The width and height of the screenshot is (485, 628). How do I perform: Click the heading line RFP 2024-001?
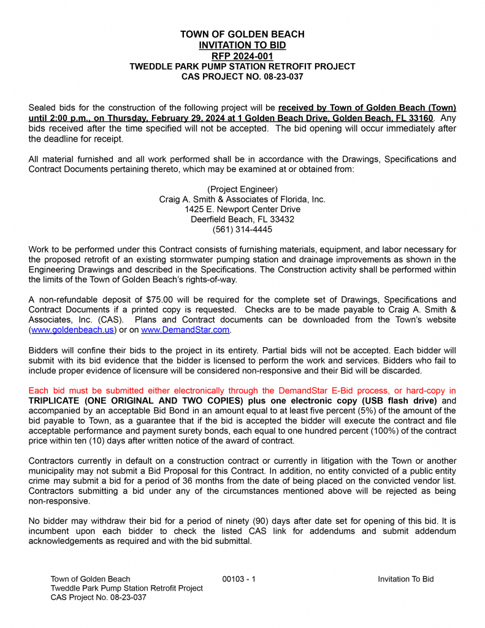pos(242,56)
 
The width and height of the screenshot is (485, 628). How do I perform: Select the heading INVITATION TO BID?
pos(242,45)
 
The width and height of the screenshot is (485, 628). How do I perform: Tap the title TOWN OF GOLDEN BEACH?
pos(242,34)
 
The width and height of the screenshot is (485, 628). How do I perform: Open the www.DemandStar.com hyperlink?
pos(185,329)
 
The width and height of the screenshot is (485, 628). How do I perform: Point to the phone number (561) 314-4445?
pos(242,229)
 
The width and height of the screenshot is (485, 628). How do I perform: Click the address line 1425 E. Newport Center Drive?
pos(242,209)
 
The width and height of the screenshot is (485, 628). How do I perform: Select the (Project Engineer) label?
pos(242,189)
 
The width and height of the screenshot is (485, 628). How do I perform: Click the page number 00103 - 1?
pos(239,579)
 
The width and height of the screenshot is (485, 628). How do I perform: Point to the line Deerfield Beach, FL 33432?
pos(242,219)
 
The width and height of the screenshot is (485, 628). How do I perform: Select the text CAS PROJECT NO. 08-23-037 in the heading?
pos(242,77)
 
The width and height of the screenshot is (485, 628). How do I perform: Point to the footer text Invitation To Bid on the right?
pos(405,579)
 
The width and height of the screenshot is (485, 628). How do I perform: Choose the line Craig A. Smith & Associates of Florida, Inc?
pos(242,199)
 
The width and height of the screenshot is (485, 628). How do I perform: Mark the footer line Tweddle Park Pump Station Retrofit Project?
pos(126,588)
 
